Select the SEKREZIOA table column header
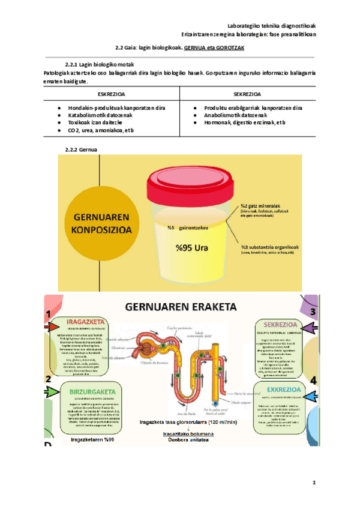[247, 94]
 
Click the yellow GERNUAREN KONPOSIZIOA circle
[98, 224]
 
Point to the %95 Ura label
[193, 246]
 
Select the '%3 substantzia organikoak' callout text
[270, 247]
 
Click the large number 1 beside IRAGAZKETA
[47, 314]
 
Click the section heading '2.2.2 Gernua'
[81, 149]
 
